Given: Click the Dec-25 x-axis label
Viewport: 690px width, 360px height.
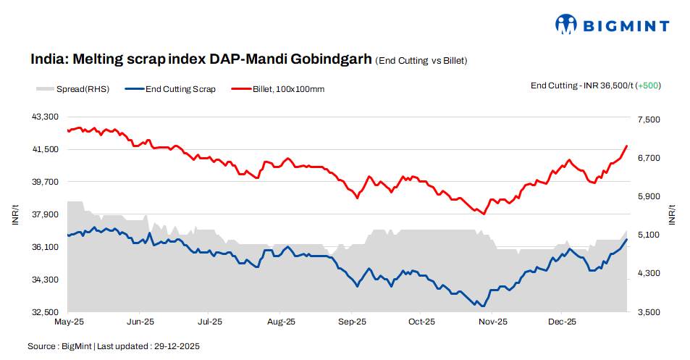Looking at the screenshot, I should (x=561, y=320).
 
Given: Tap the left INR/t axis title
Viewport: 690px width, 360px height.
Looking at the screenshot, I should (x=15, y=214).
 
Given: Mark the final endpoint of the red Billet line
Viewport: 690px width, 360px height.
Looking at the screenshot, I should (x=626, y=146).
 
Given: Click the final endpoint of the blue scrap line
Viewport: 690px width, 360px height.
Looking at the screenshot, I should (x=626, y=239).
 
